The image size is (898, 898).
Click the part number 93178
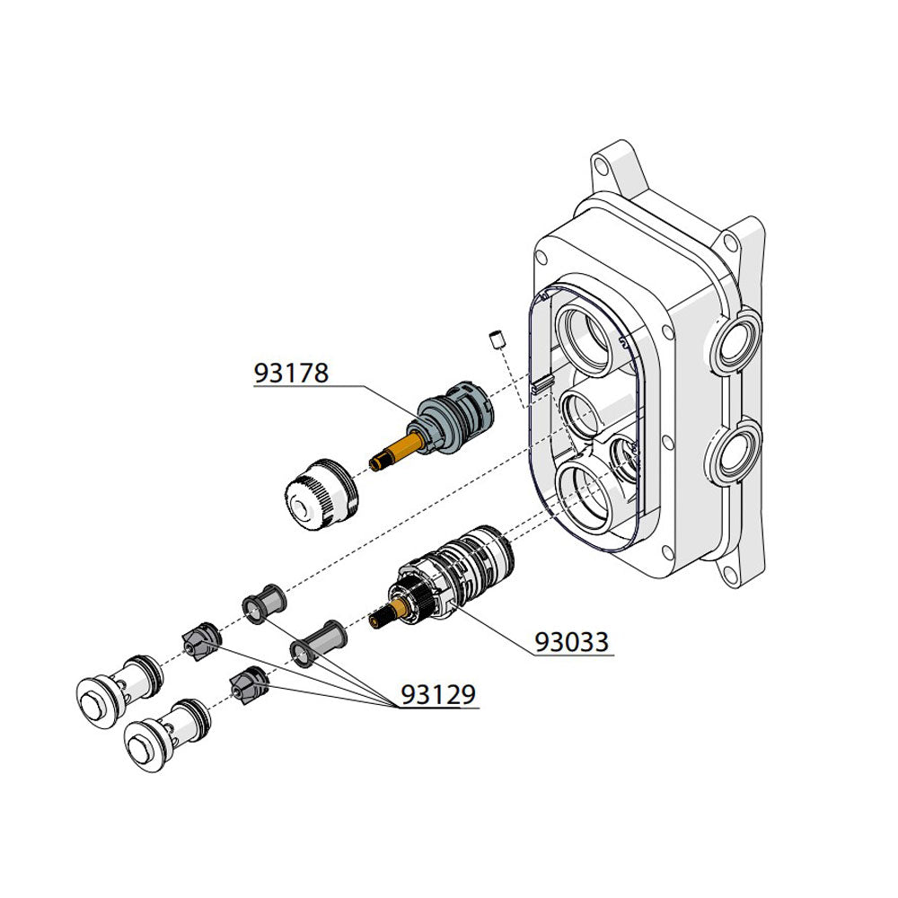pos(291,373)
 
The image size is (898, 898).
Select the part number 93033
pos(571,641)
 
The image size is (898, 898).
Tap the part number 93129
pos(438,694)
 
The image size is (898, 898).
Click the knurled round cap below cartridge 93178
pos(321,494)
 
